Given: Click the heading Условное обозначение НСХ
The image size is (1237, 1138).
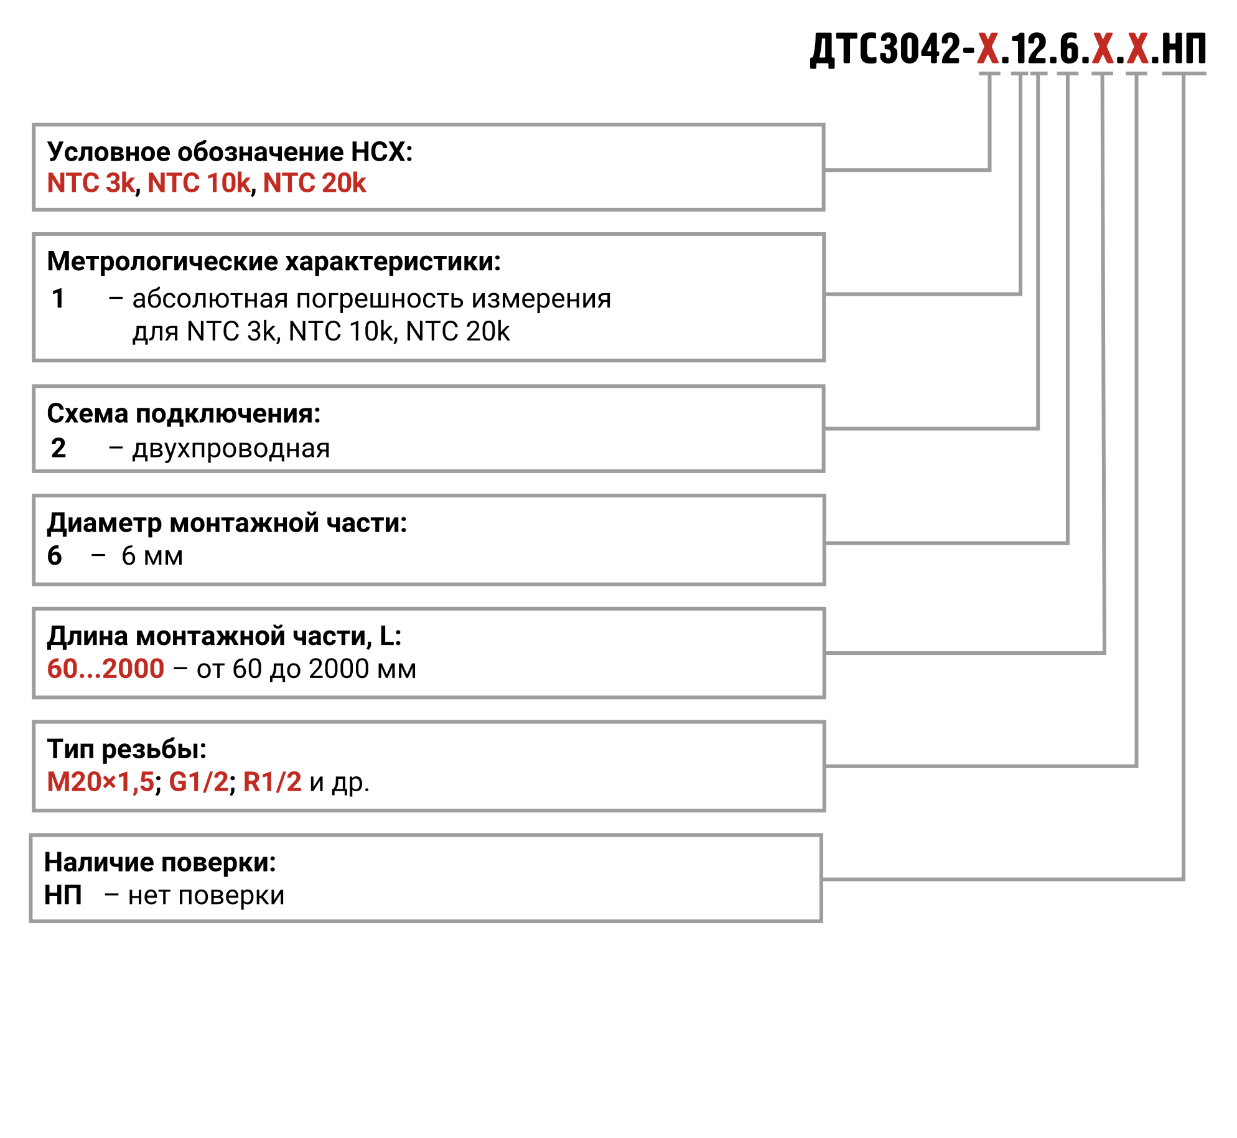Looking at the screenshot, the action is pos(230,152).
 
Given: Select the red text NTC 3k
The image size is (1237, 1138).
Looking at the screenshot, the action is pos(91,183).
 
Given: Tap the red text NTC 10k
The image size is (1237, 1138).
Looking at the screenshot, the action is pos(199,183).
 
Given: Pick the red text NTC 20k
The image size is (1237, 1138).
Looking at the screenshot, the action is pos(314,183).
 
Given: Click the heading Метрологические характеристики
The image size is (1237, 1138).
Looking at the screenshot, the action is pos(274,261).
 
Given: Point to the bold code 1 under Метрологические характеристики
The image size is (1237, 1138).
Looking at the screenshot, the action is pos(58,299).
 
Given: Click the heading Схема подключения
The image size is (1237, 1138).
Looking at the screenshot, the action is pos(184,413).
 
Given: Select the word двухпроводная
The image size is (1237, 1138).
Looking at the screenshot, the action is pos(231,448).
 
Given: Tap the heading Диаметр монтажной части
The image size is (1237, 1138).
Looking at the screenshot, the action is pos(226,523).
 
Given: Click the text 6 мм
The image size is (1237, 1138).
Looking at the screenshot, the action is pos(152,556).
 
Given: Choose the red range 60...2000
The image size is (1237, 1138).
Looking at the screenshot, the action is pos(106,669).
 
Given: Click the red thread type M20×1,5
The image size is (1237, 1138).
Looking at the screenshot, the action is pos(100,782).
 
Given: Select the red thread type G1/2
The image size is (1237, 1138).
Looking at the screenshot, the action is pos(199,782).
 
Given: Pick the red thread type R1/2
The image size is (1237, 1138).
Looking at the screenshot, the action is pos(272,782).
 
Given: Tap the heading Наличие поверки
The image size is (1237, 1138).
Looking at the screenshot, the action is pos(160,862).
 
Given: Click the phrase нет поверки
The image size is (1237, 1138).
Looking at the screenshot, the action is pos(206,896).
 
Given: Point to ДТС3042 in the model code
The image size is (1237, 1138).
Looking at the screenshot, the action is pos(886,49).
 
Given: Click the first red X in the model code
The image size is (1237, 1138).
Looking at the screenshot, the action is pos(988,49).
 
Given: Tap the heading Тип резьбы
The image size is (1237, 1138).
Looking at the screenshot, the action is pos(126,749).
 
